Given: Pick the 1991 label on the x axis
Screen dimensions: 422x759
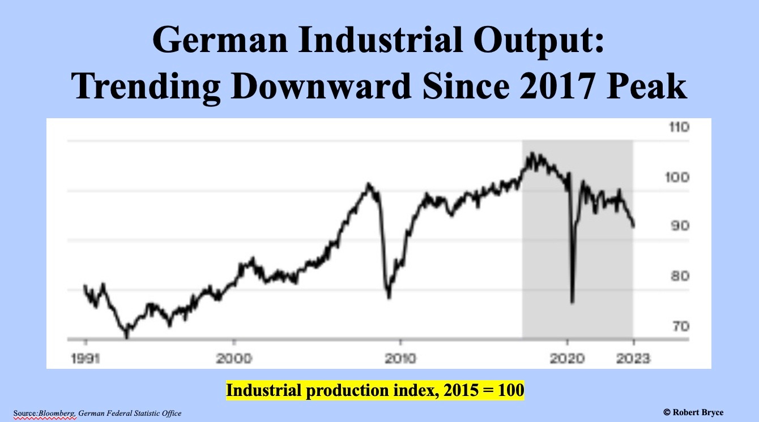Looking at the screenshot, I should [x=86, y=358].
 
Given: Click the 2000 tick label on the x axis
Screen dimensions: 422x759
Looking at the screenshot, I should [x=234, y=358].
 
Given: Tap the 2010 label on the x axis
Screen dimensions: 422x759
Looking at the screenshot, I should [x=400, y=358].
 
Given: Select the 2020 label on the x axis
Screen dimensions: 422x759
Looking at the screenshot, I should [x=567, y=358].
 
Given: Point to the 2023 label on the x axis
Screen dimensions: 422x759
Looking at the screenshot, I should [x=633, y=358].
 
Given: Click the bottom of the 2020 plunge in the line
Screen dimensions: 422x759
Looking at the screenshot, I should [x=572, y=303].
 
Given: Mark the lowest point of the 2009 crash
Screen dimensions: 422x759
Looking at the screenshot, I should [x=389, y=297].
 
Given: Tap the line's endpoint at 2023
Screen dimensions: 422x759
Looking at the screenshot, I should [x=633, y=226].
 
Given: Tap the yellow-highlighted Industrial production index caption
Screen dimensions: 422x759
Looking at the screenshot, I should [x=375, y=391].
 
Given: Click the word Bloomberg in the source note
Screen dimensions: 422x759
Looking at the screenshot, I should [x=56, y=414].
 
